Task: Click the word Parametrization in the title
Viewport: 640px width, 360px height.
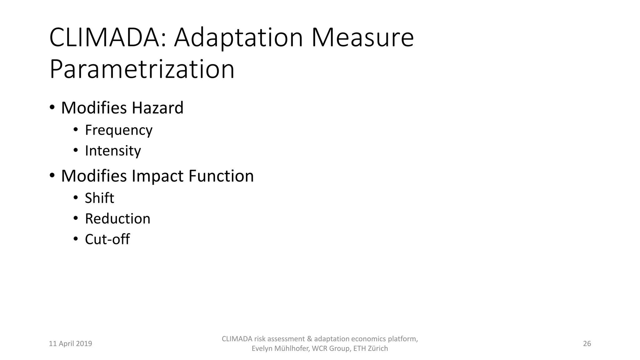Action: pyautogui.click(x=142, y=69)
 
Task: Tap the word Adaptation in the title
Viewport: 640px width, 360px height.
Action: pyautogui.click(x=238, y=38)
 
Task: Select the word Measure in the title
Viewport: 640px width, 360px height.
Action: pyautogui.click(x=362, y=38)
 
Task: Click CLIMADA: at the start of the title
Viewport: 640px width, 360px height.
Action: pyautogui.click(x=108, y=38)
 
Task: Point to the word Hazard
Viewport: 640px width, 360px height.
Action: pyautogui.click(x=157, y=108)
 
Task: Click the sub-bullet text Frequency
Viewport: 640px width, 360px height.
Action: pyautogui.click(x=119, y=130)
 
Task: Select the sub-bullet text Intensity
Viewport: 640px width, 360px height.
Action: pyautogui.click(x=113, y=151)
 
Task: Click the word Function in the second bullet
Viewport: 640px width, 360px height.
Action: pyautogui.click(x=221, y=176)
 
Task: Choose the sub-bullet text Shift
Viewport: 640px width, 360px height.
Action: pyautogui.click(x=99, y=198)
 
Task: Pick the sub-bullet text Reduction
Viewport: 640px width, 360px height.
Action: pyautogui.click(x=117, y=219)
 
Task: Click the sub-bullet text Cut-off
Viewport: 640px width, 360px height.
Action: pyautogui.click(x=107, y=239)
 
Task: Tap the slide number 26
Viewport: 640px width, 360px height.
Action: pyautogui.click(x=587, y=344)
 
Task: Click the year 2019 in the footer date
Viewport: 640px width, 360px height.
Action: pyautogui.click(x=84, y=344)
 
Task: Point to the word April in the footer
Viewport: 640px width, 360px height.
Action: pyautogui.click(x=66, y=344)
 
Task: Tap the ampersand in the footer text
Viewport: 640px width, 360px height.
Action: pyautogui.click(x=310, y=339)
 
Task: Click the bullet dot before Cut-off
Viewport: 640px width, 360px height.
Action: pyautogui.click(x=75, y=239)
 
